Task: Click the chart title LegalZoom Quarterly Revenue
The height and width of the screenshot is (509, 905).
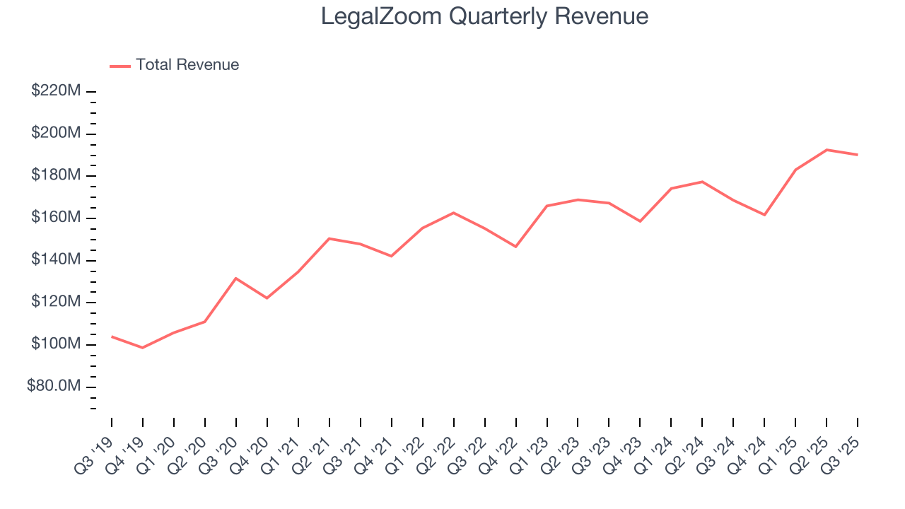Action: coord(484,16)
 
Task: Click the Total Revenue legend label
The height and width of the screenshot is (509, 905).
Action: coord(187,65)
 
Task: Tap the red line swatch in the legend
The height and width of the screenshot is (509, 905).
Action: coord(120,66)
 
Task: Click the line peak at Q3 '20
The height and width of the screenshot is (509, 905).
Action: coord(235,278)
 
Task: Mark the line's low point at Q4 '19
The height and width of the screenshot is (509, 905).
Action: coord(143,348)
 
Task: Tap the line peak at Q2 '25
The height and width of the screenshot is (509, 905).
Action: coord(827,150)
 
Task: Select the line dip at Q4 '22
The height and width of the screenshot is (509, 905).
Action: coord(515,247)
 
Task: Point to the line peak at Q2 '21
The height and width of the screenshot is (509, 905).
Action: coord(329,238)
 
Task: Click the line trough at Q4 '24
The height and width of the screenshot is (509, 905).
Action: coord(764,215)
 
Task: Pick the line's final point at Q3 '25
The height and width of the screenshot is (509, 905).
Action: coord(858,155)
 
